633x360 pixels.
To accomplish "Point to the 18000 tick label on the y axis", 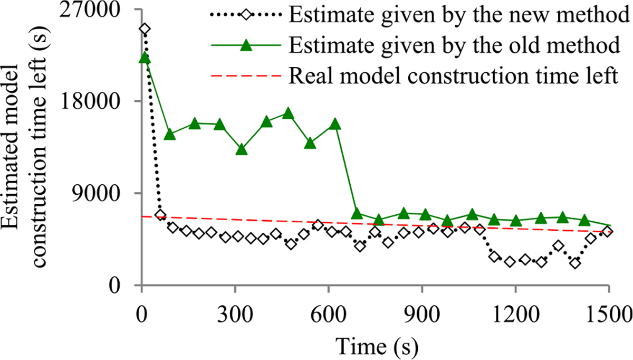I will tap(104, 101).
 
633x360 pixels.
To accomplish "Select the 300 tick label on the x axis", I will tap(235, 306).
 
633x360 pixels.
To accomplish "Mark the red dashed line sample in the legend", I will tap(245, 76).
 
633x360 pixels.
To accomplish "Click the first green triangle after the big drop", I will tap(357, 213).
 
